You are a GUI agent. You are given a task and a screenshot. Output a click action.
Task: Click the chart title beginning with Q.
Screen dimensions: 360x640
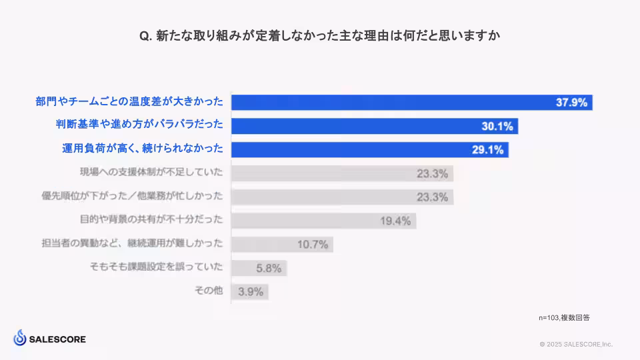319,36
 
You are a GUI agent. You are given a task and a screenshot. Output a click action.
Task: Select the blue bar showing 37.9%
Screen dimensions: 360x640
411,102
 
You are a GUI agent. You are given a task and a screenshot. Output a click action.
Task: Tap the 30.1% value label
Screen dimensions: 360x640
497,126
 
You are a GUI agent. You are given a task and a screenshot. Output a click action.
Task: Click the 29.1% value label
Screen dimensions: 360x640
487,150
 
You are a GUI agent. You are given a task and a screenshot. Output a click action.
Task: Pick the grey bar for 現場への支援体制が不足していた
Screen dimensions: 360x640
342,173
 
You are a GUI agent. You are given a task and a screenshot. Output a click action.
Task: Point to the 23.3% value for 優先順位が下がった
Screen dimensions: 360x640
432,197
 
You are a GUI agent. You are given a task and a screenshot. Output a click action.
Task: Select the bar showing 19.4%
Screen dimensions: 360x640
323,221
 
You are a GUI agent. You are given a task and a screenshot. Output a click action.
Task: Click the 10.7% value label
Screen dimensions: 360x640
313,245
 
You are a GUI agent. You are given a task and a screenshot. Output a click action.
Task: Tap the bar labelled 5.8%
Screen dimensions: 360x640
259,268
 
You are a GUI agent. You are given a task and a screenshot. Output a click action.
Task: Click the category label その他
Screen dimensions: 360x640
208,291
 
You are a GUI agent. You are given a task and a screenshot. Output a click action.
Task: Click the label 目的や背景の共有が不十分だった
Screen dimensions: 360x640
151,221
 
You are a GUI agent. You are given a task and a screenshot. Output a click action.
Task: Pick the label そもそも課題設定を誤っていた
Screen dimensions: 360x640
156,268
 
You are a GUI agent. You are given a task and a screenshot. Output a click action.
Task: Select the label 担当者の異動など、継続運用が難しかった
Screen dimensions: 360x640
132,245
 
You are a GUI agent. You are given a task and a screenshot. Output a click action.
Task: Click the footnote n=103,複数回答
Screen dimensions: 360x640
564,318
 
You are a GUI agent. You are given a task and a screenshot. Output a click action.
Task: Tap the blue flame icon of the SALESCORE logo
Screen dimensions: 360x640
19,338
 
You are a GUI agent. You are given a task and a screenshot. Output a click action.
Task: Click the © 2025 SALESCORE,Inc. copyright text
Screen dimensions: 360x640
576,345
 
